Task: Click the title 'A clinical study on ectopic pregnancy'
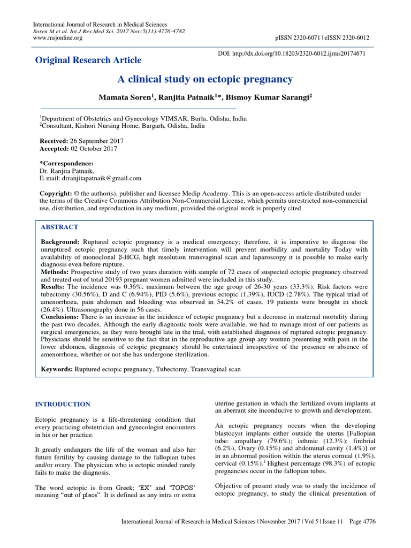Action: pyautogui.click(x=205, y=80)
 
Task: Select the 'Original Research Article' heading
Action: pyautogui.click(x=88, y=60)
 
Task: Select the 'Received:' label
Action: pyautogui.click(x=55, y=140)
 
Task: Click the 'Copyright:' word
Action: pyautogui.click(x=57, y=193)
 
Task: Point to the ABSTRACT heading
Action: pyautogui.click(x=59, y=227)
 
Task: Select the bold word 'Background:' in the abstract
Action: pyautogui.click(x=60, y=242)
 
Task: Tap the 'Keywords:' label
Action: pyautogui.click(x=57, y=369)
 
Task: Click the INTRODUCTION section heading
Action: pyautogui.click(x=63, y=404)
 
